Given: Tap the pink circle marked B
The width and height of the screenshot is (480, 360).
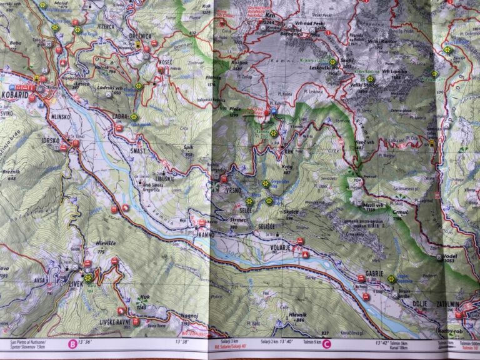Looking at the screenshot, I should (x=72, y=342).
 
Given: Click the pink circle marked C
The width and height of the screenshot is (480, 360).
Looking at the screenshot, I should (x=326, y=342).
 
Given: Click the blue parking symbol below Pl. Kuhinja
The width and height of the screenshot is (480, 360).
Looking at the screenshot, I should (x=273, y=111).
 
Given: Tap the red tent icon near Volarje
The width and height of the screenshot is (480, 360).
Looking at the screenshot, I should (x=304, y=254).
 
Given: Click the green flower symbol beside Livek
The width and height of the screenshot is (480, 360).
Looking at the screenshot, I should (x=88, y=278).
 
